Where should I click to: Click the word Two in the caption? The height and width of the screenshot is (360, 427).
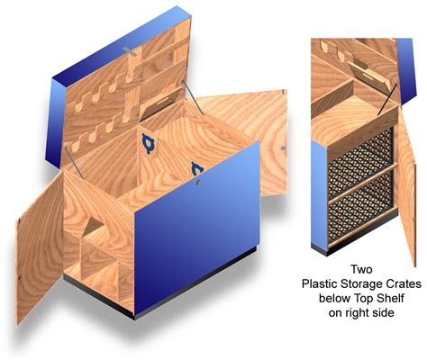pos(361,269)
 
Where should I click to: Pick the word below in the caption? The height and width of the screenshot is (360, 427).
pos(333,299)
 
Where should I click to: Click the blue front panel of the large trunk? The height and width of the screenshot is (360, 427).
pos(196,228)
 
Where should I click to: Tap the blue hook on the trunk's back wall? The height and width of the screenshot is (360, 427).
pos(147,144)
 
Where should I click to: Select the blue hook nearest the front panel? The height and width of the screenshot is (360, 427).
pos(197,169)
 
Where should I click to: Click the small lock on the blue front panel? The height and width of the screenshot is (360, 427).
pos(197,182)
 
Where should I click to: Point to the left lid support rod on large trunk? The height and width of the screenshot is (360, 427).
pos(73,161)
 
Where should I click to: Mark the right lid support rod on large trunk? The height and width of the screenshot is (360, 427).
pos(194,97)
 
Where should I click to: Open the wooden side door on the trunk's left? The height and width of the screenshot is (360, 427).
pos(39,249)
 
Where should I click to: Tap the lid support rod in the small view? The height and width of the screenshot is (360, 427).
pos(387,99)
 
